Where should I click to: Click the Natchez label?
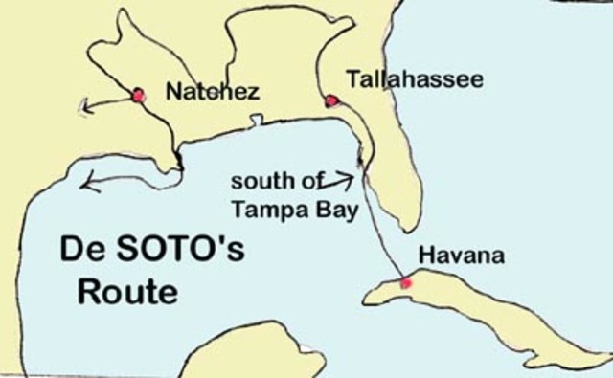[213, 92]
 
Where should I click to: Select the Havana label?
[461, 256]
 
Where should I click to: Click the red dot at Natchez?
[138, 95]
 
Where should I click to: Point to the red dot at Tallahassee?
[331, 100]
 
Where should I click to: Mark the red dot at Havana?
[405, 283]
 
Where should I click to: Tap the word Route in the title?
[127, 291]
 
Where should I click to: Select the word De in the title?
[81, 252]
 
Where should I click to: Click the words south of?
[273, 181]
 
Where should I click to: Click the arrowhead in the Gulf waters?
[89, 179]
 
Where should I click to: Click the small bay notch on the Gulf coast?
[256, 121]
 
